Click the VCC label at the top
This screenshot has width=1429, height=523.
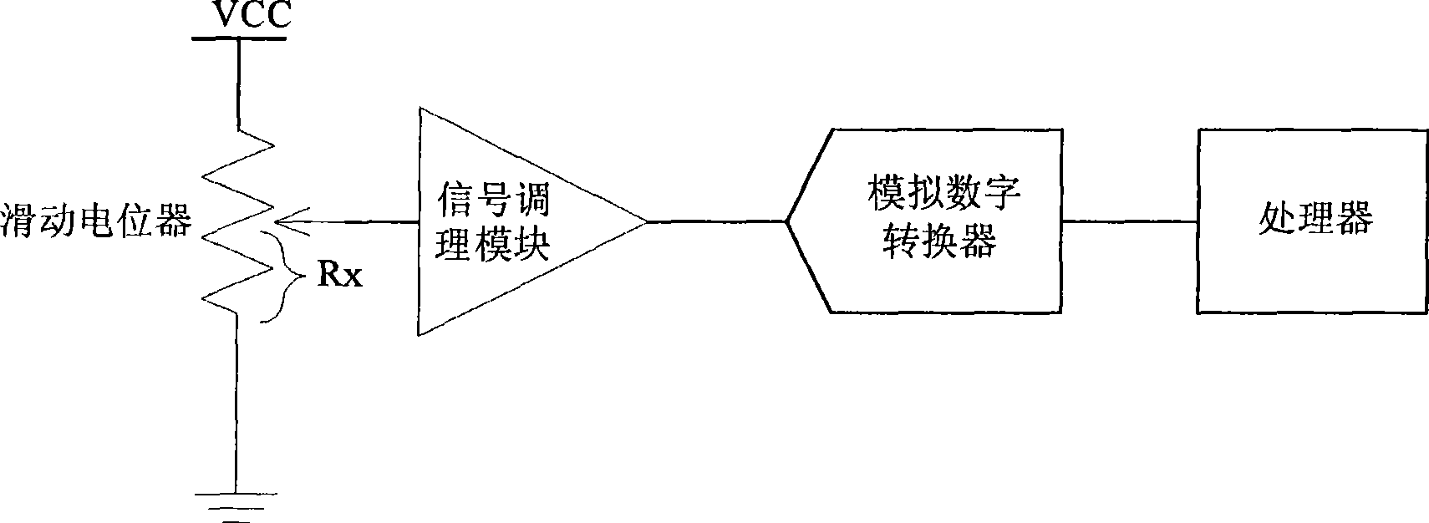[x=252, y=14]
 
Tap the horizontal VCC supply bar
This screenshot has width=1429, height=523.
[x=239, y=38]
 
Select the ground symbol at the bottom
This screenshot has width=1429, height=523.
[x=236, y=508]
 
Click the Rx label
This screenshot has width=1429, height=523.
[x=339, y=275]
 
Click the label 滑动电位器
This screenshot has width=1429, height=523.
[x=97, y=221]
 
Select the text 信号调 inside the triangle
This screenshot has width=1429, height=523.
[x=492, y=198]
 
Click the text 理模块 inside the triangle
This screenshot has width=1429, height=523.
[x=492, y=243]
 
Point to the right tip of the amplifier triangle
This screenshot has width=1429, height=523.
[x=647, y=222]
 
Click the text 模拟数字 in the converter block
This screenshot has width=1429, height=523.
[x=943, y=192]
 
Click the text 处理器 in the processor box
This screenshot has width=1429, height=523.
[x=1315, y=219]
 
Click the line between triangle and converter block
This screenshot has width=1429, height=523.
[x=717, y=222]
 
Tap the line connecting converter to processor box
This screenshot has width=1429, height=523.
[x=1129, y=221]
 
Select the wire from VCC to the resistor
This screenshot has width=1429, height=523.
[x=239, y=84]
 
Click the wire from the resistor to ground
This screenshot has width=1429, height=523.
[x=236, y=403]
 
